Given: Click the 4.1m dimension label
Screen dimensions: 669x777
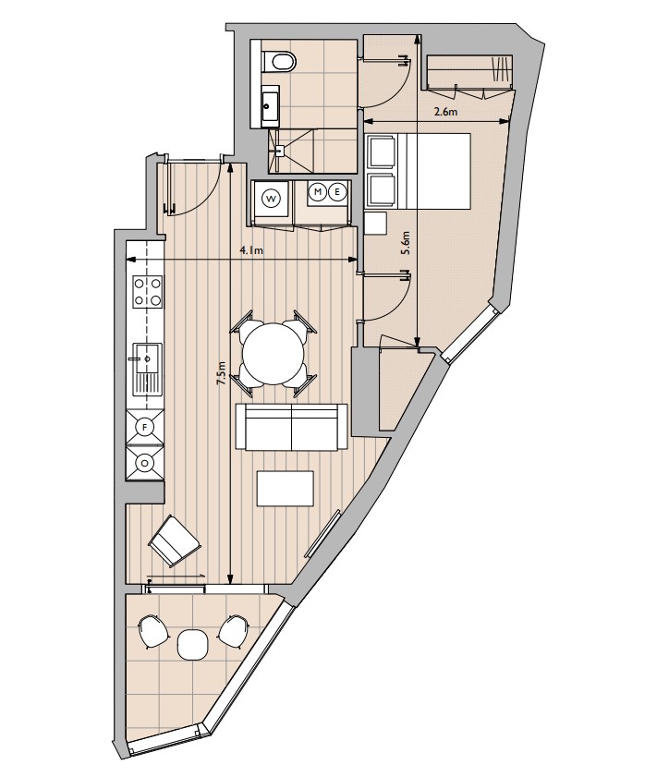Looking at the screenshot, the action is point(251,250).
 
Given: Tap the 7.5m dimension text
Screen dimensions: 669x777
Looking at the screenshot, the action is point(222,373).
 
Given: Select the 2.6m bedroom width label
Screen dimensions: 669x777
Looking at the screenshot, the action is point(445,112).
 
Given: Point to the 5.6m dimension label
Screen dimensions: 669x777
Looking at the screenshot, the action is point(407,243).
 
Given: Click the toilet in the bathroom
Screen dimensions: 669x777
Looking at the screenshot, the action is point(278,63).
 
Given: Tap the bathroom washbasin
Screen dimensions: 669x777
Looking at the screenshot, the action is point(271,105).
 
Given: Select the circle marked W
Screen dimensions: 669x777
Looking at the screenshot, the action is point(271,200).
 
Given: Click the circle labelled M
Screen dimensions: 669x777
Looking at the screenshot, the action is point(318,192).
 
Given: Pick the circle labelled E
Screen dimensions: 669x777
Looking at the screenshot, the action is point(337,192).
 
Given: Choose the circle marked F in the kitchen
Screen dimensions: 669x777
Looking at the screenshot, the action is point(145,427).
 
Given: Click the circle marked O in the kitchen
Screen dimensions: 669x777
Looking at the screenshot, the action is point(145,463).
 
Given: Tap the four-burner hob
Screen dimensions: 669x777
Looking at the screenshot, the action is point(148,292).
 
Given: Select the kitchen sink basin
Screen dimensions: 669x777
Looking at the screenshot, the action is point(148,358).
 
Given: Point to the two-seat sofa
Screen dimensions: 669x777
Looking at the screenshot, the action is point(291,427).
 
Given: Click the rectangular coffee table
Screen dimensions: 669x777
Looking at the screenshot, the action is point(286,489).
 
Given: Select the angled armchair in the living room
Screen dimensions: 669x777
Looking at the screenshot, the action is point(175,541).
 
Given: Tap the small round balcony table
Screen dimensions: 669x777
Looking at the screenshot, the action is point(191,644).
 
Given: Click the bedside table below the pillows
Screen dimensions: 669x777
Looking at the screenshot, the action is point(375,224).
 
